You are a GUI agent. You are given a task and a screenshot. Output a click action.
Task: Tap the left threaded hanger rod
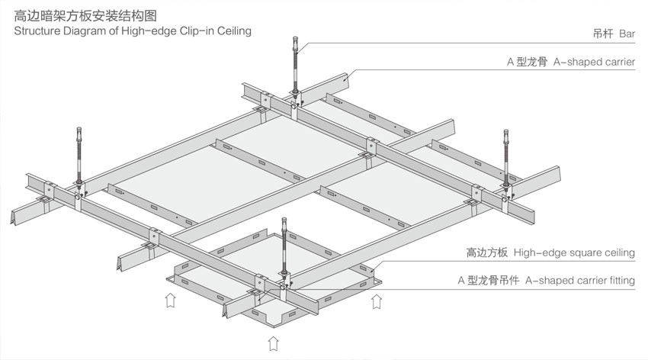(80, 153)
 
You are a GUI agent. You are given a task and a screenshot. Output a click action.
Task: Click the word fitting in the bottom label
(621, 280)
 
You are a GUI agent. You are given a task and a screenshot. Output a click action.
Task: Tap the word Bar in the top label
(627, 34)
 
